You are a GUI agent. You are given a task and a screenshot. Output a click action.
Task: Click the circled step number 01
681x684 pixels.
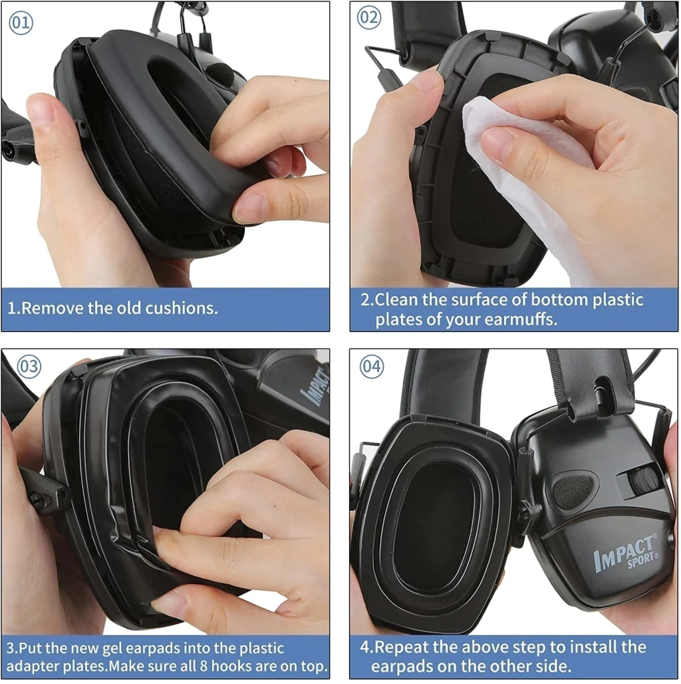pyautogui.click(x=21, y=22)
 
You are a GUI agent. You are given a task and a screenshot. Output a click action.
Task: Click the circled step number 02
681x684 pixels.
pyautogui.click(x=369, y=17)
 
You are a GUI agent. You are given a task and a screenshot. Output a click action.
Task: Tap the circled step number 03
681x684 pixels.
pyautogui.click(x=29, y=366)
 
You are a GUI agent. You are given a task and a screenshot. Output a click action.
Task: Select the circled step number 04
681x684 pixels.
pyautogui.click(x=372, y=366)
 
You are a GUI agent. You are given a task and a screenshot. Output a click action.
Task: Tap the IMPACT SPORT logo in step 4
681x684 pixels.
pyautogui.click(x=626, y=552)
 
